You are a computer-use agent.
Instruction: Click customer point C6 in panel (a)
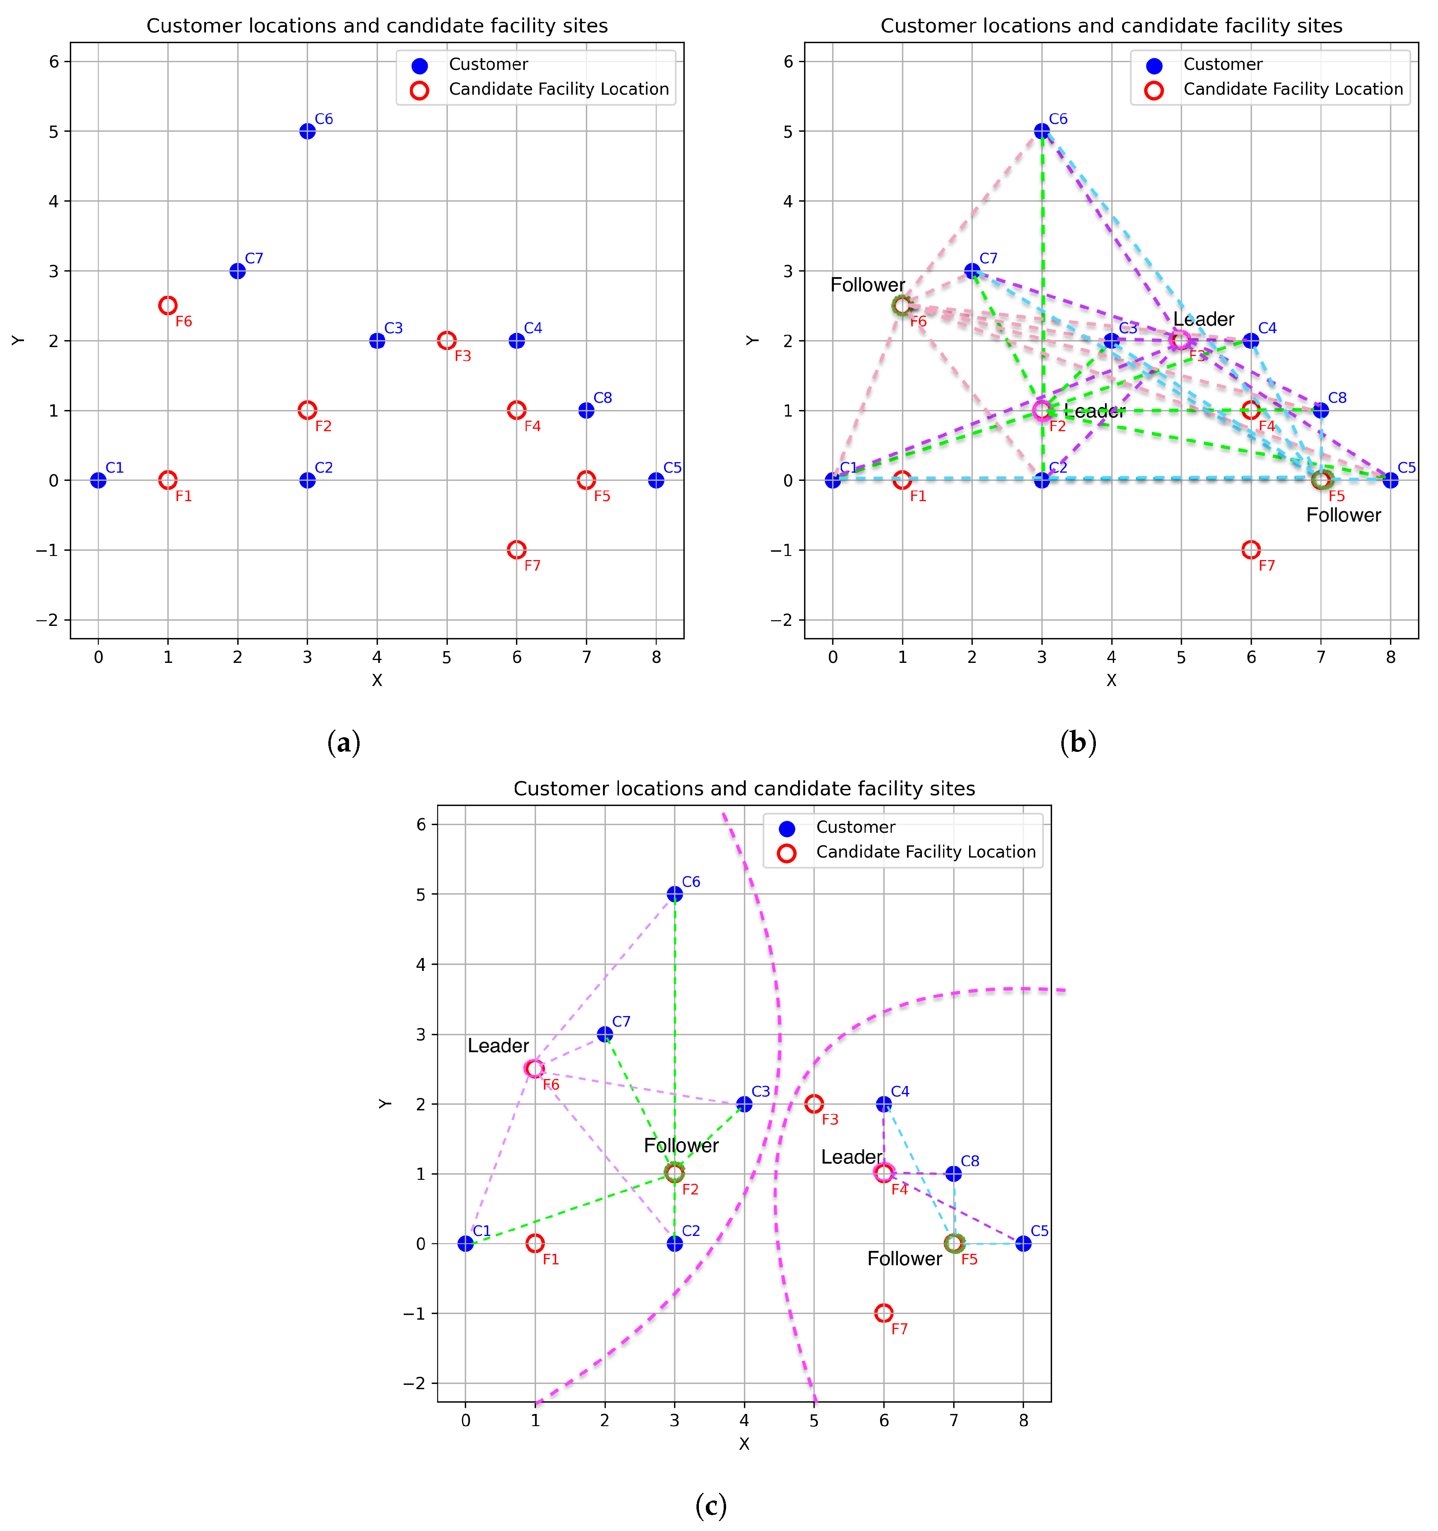307,131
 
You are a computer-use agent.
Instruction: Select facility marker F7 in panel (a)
516,550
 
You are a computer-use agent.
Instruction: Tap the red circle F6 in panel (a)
168,306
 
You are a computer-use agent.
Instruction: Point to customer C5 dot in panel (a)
656,480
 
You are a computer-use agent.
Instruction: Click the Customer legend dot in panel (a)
420,65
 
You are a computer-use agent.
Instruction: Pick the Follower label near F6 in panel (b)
868,285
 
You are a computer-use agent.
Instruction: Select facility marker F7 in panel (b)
1251,550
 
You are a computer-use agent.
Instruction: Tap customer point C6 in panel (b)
1041,131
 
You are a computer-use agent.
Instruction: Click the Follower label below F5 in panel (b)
1343,515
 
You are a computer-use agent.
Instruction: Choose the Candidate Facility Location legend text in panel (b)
1293,89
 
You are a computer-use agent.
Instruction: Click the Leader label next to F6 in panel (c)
498,1046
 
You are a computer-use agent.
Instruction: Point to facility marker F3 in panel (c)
814,1103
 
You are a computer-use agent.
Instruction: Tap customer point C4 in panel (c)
884,1103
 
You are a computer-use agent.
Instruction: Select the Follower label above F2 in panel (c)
681,1145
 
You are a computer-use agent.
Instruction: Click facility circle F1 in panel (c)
535,1243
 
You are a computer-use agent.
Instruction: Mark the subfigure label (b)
1078,743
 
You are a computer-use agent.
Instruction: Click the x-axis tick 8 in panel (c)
1023,1420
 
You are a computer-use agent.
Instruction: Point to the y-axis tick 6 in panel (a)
54,62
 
